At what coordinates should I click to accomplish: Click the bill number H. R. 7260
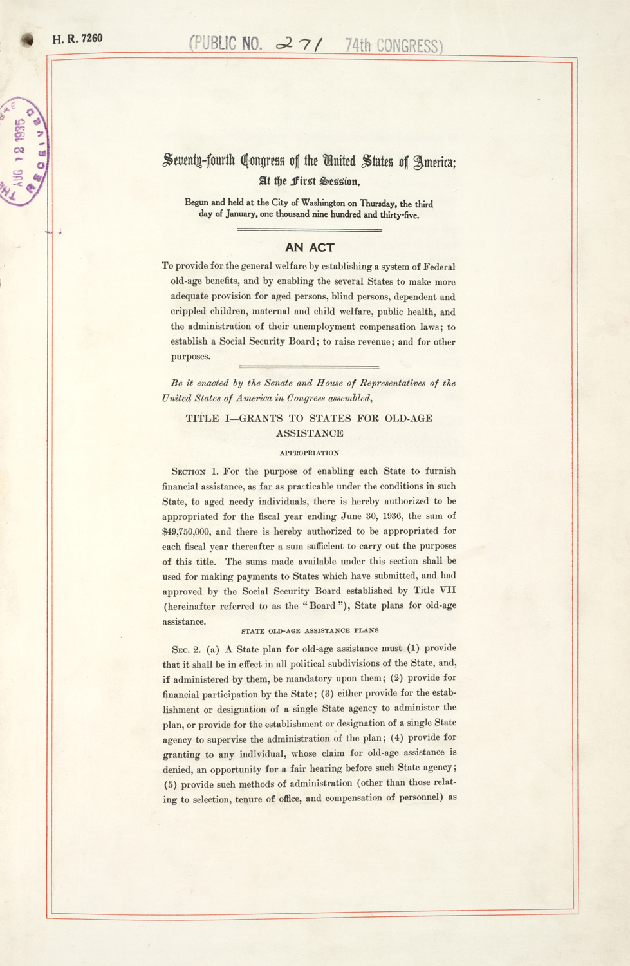[77, 39]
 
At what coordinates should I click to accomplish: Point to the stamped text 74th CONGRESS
[393, 46]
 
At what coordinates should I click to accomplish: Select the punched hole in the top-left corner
[26, 40]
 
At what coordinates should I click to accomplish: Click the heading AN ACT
[310, 247]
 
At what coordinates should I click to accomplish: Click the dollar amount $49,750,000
[187, 532]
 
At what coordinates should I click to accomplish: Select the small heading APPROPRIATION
[310, 453]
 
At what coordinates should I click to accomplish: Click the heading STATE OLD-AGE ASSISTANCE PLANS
[310, 630]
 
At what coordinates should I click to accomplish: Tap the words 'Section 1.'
[195, 471]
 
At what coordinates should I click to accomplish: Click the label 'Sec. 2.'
[186, 649]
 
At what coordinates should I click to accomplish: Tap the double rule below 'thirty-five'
[310, 230]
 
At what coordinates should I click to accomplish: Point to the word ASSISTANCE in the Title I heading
[310, 433]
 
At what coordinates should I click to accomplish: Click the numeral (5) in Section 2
[172, 784]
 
